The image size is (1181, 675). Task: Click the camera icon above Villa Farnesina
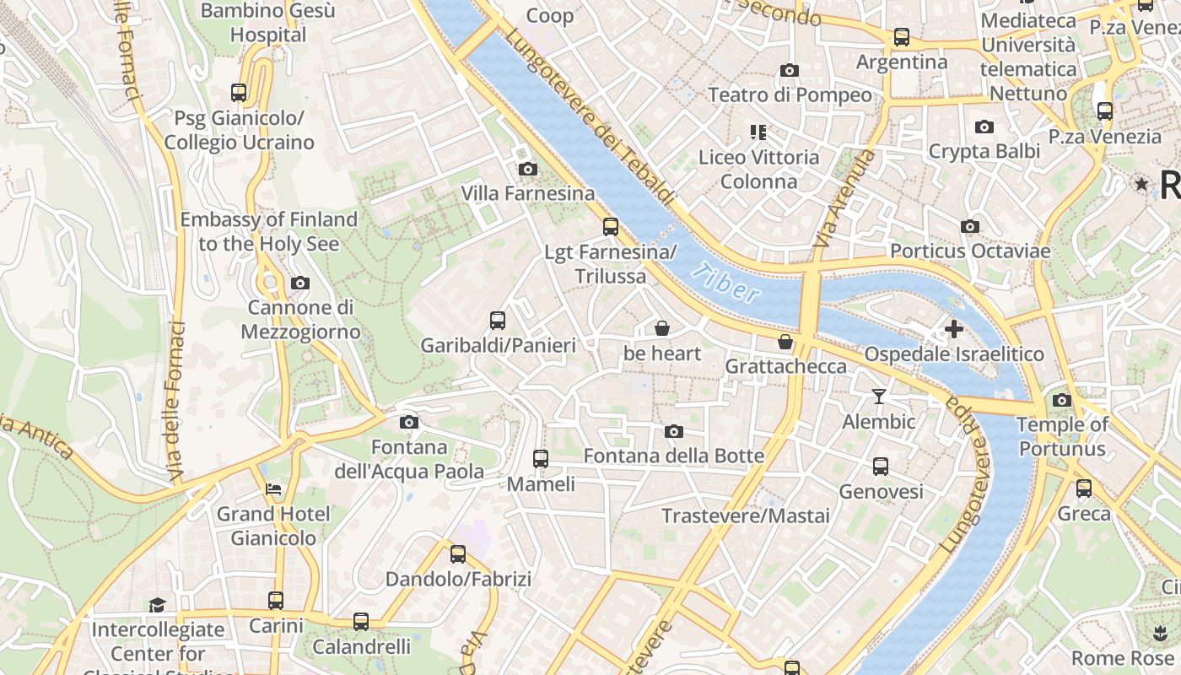(x=528, y=170)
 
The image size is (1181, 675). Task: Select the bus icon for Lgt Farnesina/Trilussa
(x=611, y=227)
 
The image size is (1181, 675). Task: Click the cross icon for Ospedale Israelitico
(x=954, y=328)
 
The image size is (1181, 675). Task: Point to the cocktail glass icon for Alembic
(x=879, y=396)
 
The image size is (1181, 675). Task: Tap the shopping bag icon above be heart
(x=662, y=327)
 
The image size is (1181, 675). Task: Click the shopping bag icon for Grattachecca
(x=785, y=342)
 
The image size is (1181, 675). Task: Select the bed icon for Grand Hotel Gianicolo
(x=273, y=489)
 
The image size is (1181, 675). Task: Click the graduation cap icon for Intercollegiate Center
(x=158, y=604)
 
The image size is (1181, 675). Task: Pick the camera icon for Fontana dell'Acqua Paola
(x=409, y=422)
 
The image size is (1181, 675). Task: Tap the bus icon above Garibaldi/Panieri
(x=498, y=320)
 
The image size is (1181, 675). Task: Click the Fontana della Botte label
(x=674, y=456)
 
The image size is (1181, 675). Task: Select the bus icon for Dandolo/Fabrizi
(x=458, y=554)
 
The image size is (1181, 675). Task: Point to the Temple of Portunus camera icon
(x=1062, y=400)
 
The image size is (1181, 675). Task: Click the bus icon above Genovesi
(x=881, y=466)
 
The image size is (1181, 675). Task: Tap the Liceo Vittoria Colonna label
(x=758, y=169)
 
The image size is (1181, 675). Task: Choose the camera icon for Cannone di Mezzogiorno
(x=299, y=283)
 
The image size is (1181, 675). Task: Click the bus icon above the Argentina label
(x=902, y=37)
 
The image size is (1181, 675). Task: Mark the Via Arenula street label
(x=840, y=200)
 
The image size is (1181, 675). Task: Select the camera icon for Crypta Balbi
(x=984, y=127)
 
